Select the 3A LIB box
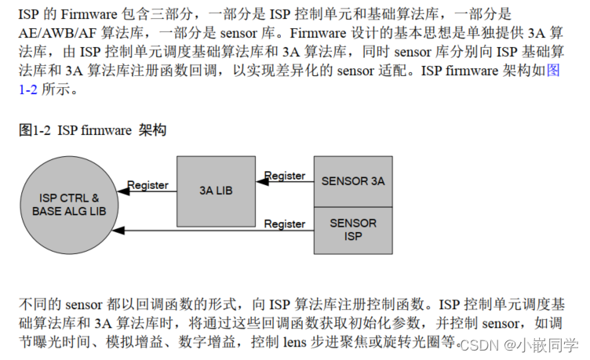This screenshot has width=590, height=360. point(216,190)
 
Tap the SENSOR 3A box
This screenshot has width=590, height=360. point(353,181)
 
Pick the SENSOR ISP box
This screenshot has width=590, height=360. point(353,230)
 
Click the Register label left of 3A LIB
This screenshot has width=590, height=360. point(147,185)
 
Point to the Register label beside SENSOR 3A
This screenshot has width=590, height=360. point(285,176)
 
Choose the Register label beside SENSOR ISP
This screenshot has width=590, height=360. point(285,224)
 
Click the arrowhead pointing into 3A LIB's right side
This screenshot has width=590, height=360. point(260,182)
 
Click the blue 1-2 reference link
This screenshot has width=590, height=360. point(27,89)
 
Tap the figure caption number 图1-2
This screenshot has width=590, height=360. point(35,131)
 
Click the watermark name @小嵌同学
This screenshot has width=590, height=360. point(541,345)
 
